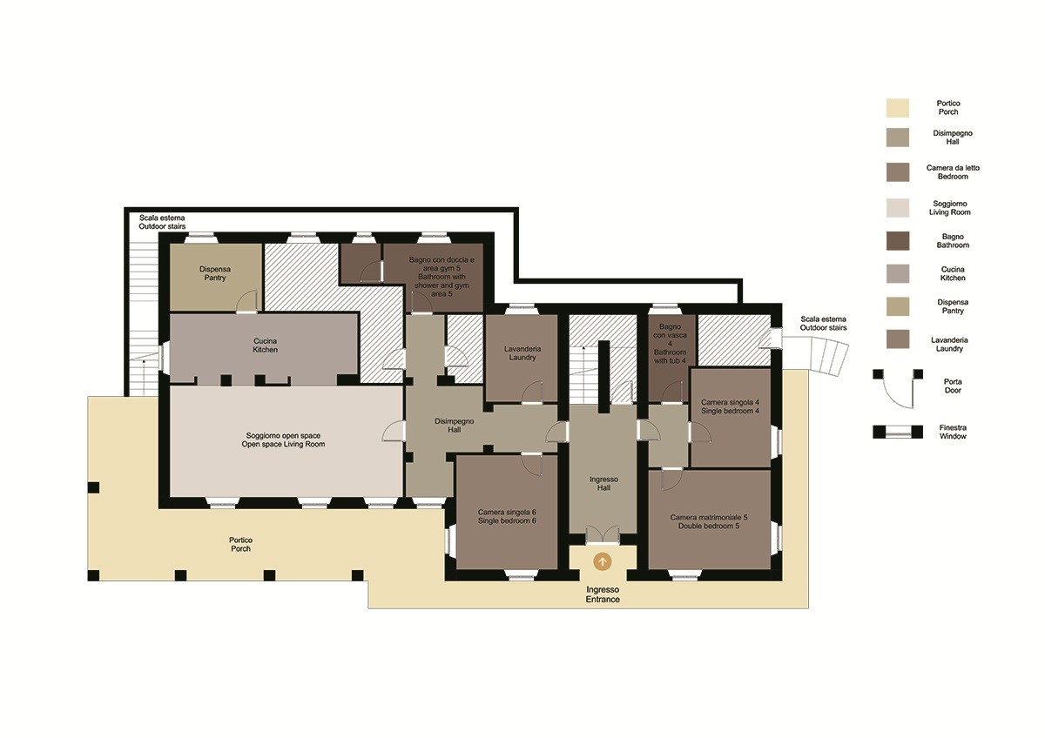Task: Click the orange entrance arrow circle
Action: (x=603, y=562)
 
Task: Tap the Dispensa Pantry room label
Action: (x=215, y=273)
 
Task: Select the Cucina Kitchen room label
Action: (x=265, y=345)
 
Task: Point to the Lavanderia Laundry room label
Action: (x=522, y=353)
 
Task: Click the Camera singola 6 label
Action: (x=507, y=516)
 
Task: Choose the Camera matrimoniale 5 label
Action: (x=709, y=521)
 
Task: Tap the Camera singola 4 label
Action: (x=730, y=406)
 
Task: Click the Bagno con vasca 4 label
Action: (x=670, y=344)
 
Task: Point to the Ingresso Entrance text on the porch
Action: (x=603, y=594)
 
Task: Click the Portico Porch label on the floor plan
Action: (x=240, y=544)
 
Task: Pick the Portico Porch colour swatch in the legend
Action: (x=898, y=108)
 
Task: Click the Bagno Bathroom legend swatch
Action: (x=898, y=241)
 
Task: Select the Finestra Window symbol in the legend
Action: (x=898, y=432)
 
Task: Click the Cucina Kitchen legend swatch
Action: (x=898, y=273)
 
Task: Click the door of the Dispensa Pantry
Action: (x=246, y=301)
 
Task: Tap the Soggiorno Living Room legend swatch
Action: (x=898, y=208)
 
